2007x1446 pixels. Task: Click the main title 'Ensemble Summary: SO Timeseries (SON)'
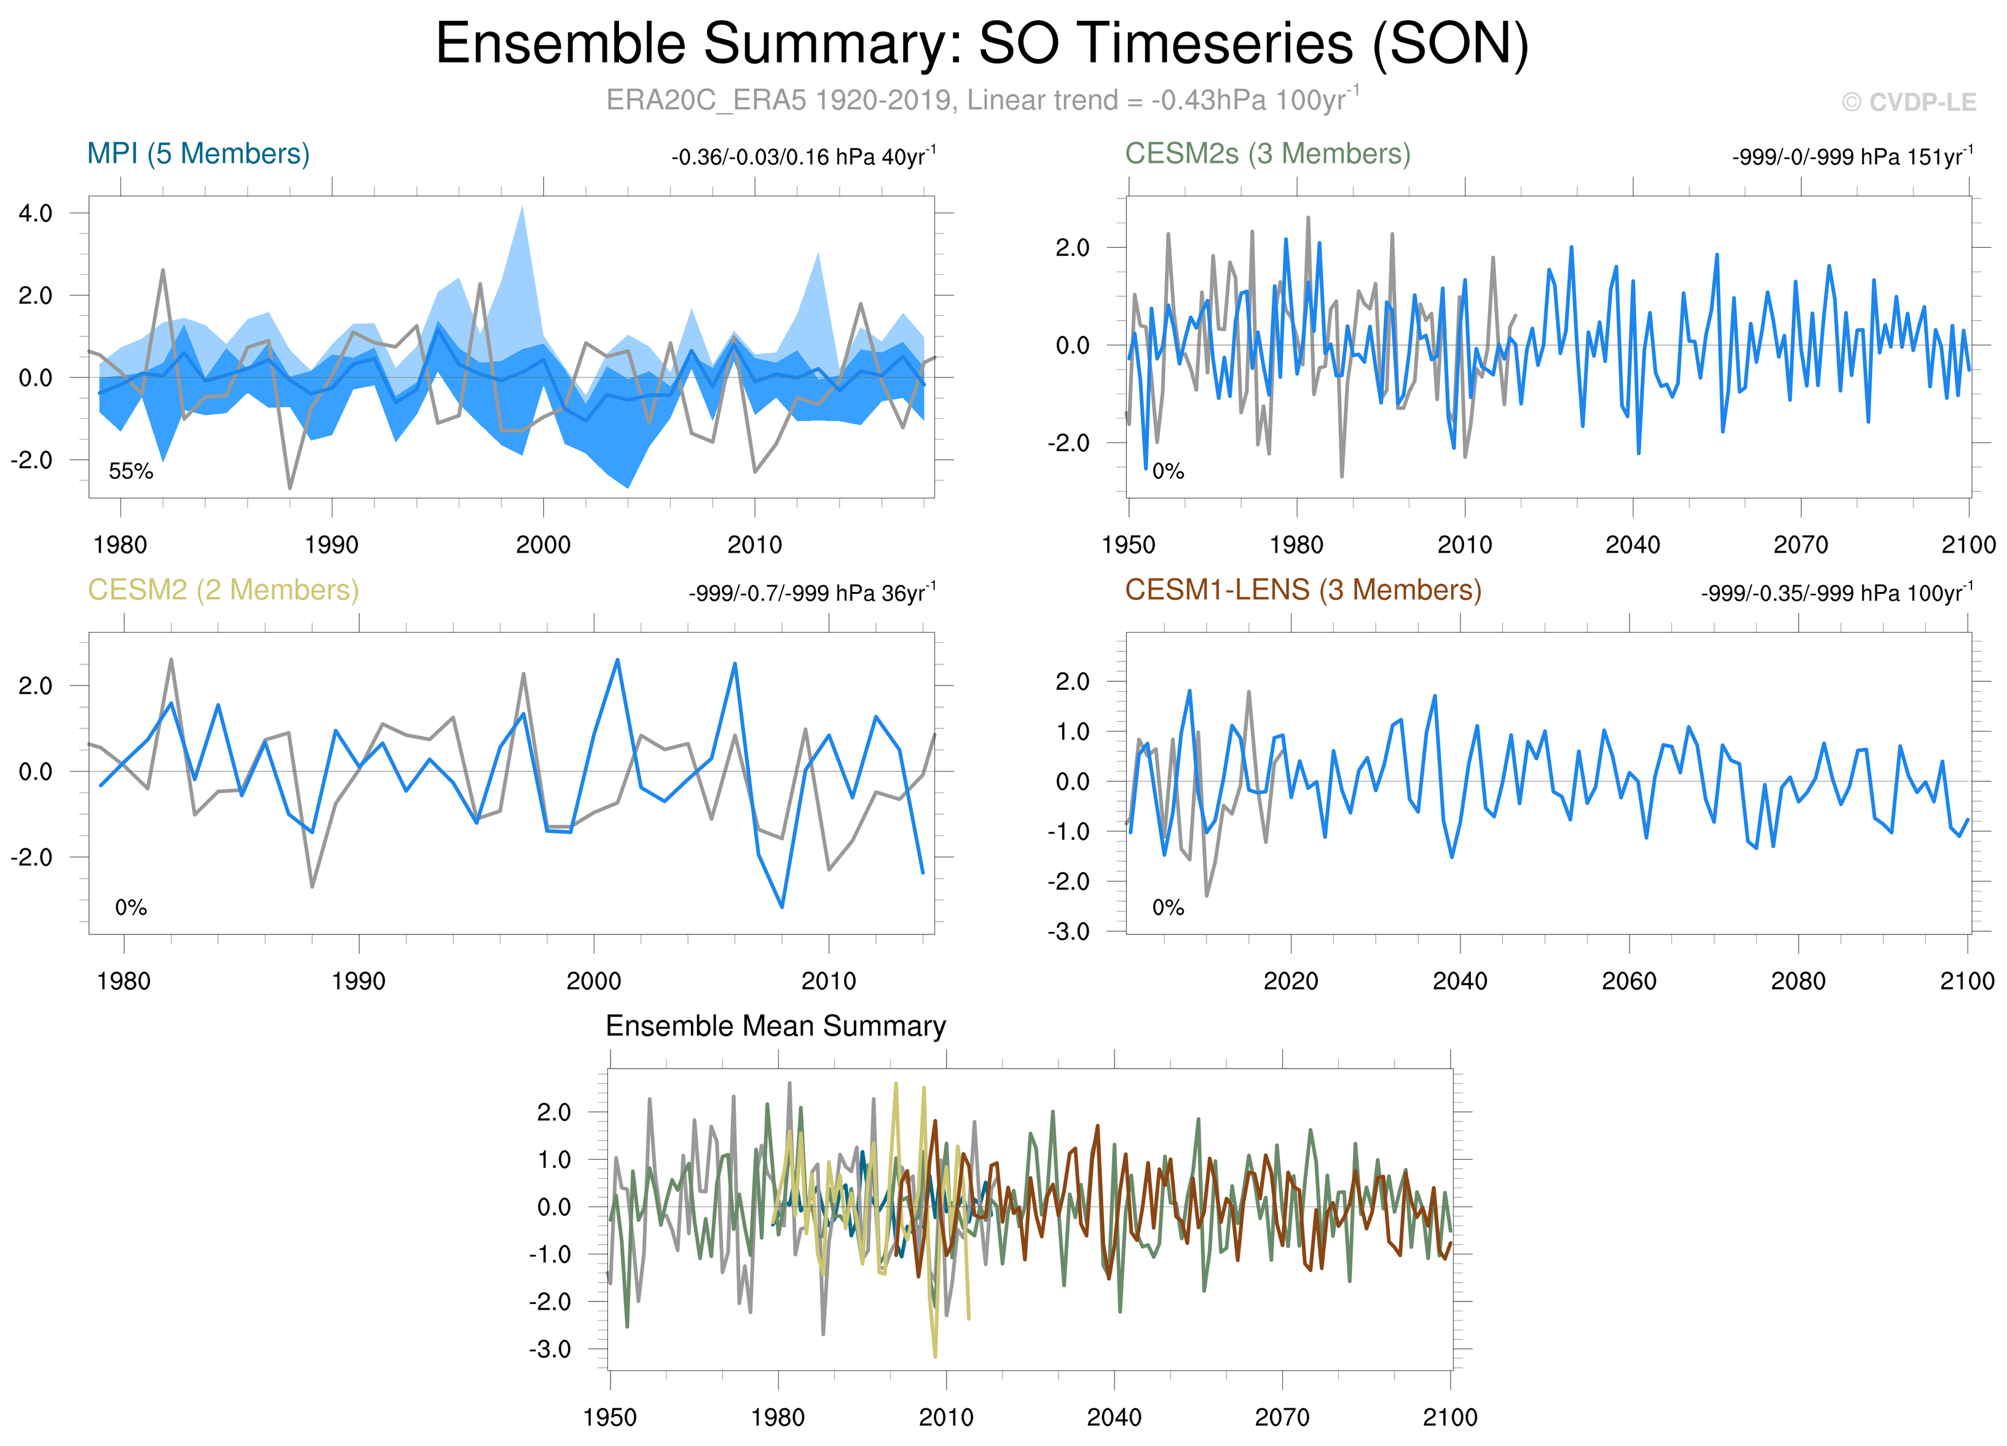982,44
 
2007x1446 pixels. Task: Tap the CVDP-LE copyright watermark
1908,103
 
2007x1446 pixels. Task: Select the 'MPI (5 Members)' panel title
198,154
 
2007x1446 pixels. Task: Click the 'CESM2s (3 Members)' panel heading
1267,154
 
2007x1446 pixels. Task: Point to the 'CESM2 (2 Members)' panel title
223,590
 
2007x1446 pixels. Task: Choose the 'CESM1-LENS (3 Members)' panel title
1303,590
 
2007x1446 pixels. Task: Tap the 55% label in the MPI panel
131,472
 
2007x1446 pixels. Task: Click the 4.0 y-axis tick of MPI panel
36,213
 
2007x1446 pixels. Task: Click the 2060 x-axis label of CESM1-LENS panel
1629,981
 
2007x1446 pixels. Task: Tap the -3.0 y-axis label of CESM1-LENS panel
1068,932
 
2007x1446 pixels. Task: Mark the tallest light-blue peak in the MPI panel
522,209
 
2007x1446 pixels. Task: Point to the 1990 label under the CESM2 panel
358,981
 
